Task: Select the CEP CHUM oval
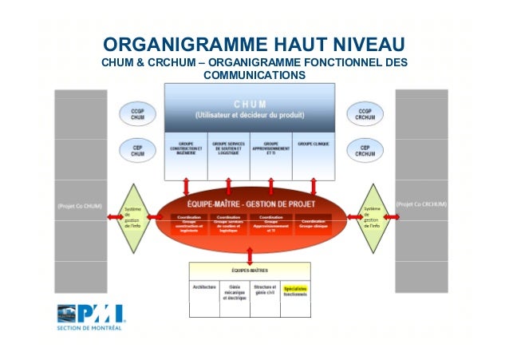coord(137,149)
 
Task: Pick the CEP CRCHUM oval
coord(365,149)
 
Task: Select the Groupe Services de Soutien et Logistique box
coord(229,155)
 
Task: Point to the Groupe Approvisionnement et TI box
coord(270,155)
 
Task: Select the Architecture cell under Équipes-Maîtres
coord(204,286)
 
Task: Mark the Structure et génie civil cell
coord(266,289)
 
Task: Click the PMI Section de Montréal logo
coord(89,317)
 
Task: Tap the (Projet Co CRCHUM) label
coord(421,204)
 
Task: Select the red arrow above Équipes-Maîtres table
coord(251,255)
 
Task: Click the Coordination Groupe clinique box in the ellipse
coord(314,223)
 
